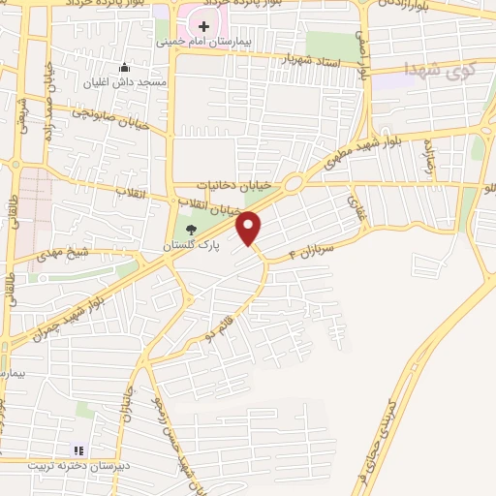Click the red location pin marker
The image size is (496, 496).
coord(249,227)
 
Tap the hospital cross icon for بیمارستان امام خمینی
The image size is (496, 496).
coord(204,23)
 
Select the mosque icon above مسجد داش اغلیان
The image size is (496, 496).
coord(123,68)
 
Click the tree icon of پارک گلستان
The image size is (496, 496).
coord(190,230)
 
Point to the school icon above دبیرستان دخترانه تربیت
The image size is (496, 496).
coord(79,449)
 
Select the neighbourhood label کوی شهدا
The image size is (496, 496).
coord(443,68)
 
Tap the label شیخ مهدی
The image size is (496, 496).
coord(63,255)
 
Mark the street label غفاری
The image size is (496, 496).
coord(353,205)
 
